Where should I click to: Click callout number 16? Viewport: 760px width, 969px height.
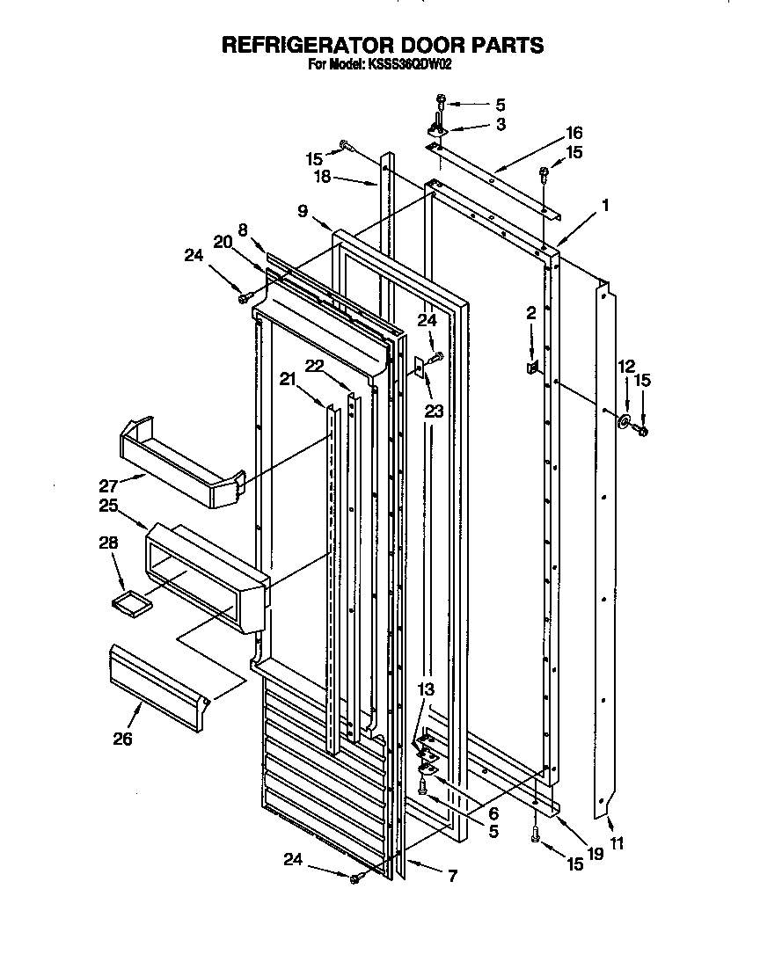(574, 134)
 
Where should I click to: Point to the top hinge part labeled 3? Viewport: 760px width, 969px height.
(438, 128)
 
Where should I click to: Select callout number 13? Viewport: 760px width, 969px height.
(426, 691)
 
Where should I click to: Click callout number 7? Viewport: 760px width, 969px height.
(453, 876)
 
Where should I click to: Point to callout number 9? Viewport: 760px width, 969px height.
(302, 211)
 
